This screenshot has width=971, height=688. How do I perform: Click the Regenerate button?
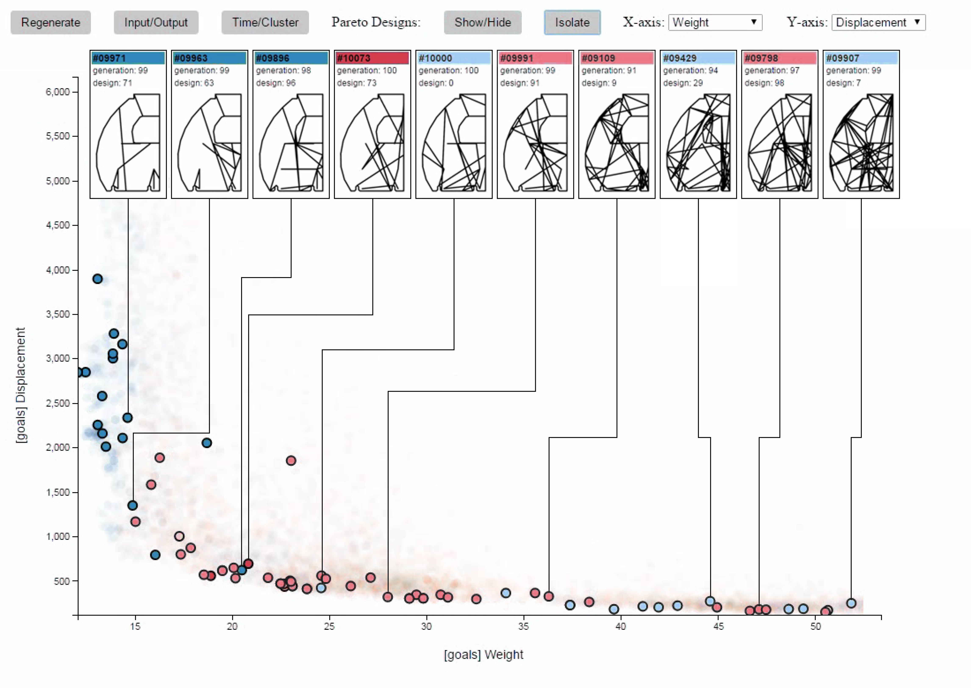pyautogui.click(x=50, y=22)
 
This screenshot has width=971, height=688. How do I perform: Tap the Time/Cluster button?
pyautogui.click(x=265, y=22)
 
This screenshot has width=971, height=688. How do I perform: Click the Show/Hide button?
pyautogui.click(x=482, y=22)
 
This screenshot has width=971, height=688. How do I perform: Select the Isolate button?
pyautogui.click(x=572, y=22)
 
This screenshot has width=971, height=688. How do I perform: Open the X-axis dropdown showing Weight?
pyautogui.click(x=715, y=22)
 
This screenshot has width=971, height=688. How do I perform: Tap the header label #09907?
pyautogui.click(x=861, y=58)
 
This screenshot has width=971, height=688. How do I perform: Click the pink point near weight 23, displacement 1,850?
pyautogui.click(x=291, y=460)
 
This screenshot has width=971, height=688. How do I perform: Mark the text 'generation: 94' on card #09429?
pyautogui.click(x=690, y=70)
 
